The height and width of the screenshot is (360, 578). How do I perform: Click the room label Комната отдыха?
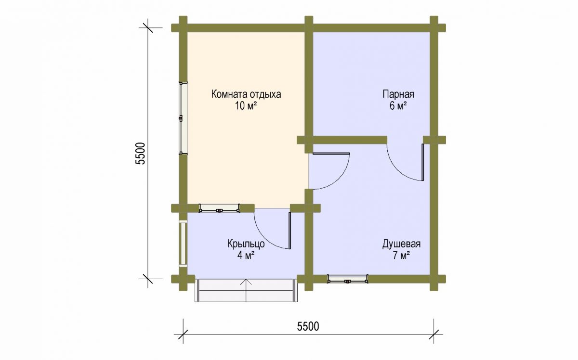[246, 94]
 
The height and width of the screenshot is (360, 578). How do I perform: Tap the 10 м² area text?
[246, 106]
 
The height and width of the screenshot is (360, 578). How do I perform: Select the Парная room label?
[398, 94]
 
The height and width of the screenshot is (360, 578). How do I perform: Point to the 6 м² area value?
[398, 106]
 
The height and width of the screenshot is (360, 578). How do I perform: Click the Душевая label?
[401, 244]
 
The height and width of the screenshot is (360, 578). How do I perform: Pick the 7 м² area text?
[402, 255]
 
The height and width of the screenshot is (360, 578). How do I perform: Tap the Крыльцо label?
[246, 244]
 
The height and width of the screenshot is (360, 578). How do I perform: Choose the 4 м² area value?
[246, 255]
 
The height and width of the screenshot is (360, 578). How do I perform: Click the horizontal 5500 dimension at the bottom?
[308, 326]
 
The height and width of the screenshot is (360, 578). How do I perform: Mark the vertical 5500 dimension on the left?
[141, 154]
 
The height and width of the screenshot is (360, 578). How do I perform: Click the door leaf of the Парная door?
[423, 162]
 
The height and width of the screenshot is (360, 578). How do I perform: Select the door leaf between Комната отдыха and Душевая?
[331, 154]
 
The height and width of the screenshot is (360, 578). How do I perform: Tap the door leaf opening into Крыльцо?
[290, 231]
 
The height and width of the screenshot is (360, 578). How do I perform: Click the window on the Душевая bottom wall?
[348, 279]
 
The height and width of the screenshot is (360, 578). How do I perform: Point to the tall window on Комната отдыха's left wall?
[183, 118]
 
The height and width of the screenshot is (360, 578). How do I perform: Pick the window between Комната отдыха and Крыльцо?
[219, 208]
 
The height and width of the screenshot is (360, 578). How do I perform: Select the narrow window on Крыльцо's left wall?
[183, 244]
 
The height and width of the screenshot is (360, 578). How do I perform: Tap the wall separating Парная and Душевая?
[350, 140]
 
